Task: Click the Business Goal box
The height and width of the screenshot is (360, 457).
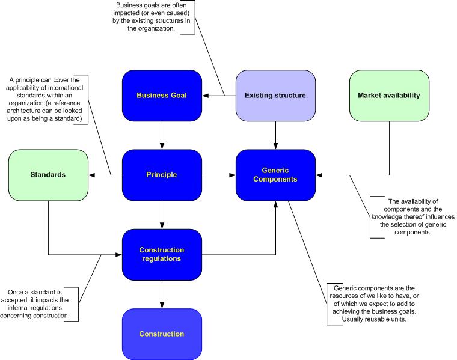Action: tap(161, 95)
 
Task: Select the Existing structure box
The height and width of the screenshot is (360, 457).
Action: tap(275, 95)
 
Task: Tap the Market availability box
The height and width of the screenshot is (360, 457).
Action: tap(389, 95)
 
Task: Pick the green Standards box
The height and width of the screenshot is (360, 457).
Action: tap(48, 175)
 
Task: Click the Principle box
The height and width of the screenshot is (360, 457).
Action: tap(161, 175)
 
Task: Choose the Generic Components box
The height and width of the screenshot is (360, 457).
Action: tap(275, 175)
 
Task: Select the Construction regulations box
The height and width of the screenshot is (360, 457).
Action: tap(161, 254)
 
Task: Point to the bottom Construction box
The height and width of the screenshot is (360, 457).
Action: tap(161, 334)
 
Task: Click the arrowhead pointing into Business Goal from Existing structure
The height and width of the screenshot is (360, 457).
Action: tap(204, 95)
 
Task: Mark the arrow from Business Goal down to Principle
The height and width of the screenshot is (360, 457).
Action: tap(161, 135)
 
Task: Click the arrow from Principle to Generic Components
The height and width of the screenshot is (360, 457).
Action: tap(218, 175)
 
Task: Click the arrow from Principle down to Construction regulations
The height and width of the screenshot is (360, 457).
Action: tap(161, 215)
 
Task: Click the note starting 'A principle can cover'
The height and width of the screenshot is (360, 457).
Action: tap(46, 99)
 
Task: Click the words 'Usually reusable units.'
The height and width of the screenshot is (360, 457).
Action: tap(373, 319)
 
